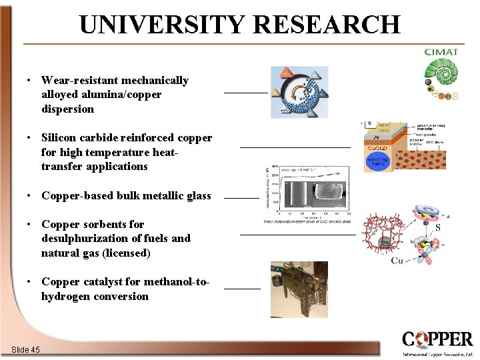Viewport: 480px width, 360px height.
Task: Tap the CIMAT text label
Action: (441, 51)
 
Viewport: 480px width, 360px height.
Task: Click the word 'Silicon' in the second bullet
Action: (60, 138)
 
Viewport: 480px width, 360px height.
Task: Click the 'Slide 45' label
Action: (26, 350)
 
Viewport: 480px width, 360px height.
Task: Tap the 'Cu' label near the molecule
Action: (397, 261)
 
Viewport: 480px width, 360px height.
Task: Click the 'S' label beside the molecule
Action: (437, 227)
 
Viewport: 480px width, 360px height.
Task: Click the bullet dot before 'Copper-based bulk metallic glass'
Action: (29, 196)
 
